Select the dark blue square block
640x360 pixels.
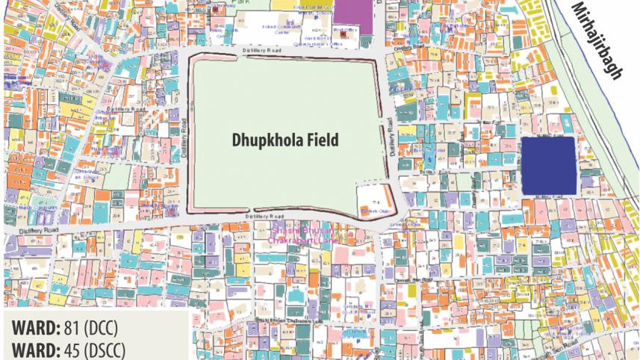point(547,166)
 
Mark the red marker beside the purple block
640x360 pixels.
point(343,34)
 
